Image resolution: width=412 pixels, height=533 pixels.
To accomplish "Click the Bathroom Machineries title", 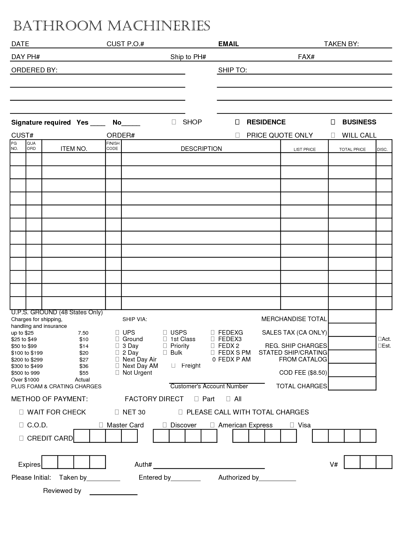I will [x=111, y=26].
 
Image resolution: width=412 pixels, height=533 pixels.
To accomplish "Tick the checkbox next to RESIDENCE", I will [x=237, y=122].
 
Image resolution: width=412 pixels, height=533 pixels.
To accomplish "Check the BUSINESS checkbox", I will [x=333, y=122].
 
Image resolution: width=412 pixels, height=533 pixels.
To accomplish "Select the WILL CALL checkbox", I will [x=333, y=135].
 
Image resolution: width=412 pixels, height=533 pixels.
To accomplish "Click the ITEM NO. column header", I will [x=74, y=149].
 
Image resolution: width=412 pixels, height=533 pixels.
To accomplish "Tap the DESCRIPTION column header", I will [x=201, y=149].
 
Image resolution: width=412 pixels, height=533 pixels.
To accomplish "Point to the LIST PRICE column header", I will [x=304, y=149].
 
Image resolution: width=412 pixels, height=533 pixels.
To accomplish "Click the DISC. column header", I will [x=382, y=149].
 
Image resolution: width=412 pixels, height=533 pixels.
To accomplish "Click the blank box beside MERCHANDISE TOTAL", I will [x=352, y=317].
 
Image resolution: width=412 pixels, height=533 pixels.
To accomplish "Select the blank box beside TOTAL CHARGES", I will [x=352, y=383].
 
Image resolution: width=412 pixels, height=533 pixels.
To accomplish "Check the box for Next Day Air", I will [x=117, y=359].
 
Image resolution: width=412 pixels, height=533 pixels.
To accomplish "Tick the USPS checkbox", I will [x=165, y=332].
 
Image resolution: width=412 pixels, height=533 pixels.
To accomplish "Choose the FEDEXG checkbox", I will [x=213, y=332].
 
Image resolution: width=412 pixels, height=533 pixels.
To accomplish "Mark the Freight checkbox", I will [x=174, y=366].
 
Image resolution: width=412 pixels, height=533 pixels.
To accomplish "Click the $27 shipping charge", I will [x=84, y=360].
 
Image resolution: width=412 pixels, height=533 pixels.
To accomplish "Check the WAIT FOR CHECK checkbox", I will [x=21, y=412].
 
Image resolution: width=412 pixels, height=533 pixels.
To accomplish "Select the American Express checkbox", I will [x=212, y=425].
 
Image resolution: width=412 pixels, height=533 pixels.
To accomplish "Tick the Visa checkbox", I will [x=292, y=425].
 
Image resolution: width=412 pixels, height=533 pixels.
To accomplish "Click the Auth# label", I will [x=143, y=465].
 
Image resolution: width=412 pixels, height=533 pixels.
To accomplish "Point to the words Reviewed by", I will [x=62, y=491].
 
